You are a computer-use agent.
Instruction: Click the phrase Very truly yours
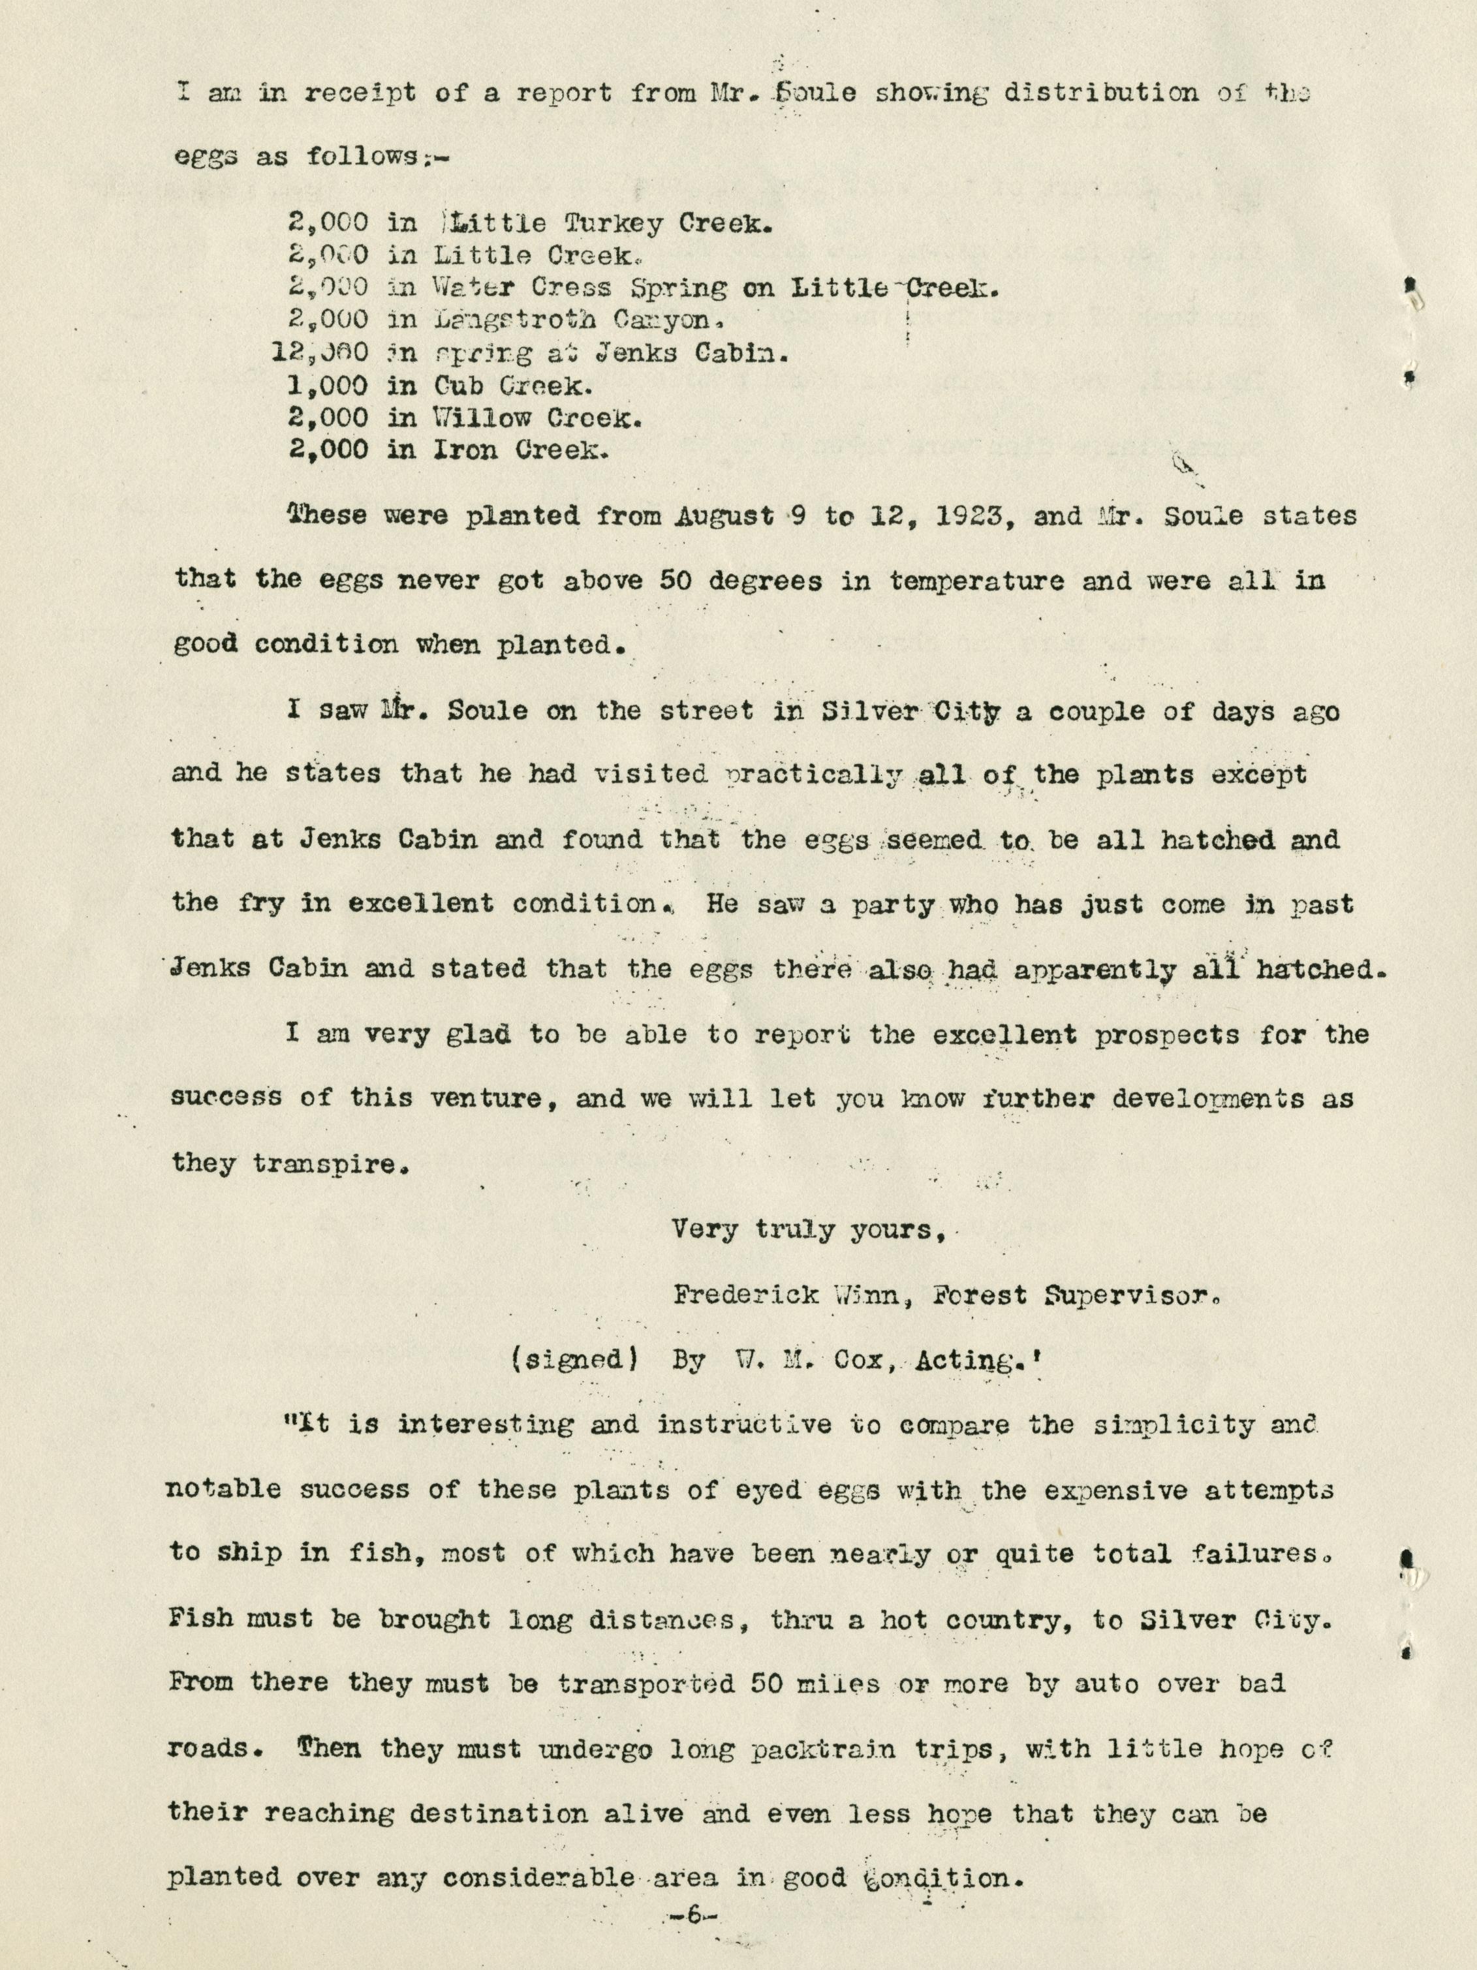tap(807, 1230)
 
